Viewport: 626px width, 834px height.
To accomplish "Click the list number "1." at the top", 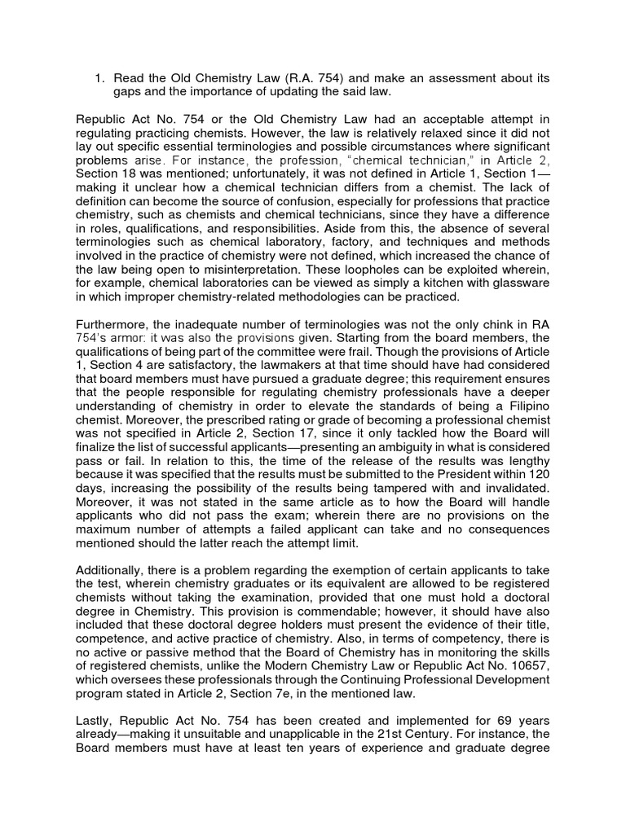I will tap(99, 77).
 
